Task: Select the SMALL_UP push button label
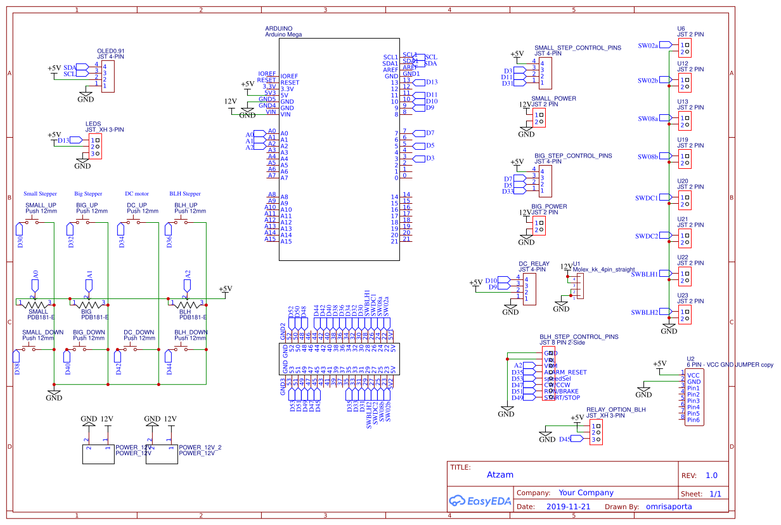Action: tap(40, 205)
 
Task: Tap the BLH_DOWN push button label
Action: tap(191, 332)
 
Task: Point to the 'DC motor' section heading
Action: tap(137, 194)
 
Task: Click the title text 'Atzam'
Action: tap(500, 474)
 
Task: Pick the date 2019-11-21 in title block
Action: tap(567, 507)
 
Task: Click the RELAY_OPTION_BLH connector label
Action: tap(616, 409)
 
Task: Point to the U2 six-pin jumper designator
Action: tap(690, 359)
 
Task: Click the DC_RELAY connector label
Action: tap(534, 263)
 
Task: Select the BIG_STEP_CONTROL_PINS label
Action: tap(573, 156)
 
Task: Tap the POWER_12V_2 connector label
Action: tap(200, 447)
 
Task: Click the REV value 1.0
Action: tap(711, 475)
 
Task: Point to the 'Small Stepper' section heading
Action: tap(40, 194)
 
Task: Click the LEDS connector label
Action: tap(93, 124)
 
